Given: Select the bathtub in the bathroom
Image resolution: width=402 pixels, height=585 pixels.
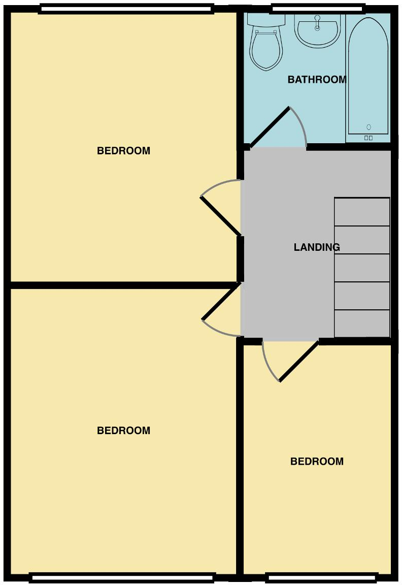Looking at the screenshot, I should click(368, 76).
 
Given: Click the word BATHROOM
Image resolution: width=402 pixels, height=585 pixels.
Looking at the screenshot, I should click(317, 80).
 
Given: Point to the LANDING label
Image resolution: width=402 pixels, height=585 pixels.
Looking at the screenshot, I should click(317, 247).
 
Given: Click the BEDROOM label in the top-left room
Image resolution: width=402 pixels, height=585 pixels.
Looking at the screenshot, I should click(123, 151).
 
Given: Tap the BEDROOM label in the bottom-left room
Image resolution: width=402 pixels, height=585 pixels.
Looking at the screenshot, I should click(123, 431).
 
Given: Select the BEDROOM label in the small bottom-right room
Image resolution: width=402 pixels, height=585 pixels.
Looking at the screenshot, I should click(317, 462).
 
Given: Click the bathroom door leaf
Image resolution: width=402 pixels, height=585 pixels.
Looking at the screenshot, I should click(270, 126).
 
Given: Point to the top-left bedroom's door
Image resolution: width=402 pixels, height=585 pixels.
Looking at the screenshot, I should click(221, 216).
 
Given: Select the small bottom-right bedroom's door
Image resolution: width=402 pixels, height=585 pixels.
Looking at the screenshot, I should click(299, 361).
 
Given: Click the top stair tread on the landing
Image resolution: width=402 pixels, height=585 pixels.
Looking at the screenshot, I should click(362, 212).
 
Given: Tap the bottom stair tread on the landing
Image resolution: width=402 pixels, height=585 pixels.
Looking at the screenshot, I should click(362, 323).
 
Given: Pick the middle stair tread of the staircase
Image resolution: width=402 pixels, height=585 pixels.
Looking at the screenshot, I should click(362, 268).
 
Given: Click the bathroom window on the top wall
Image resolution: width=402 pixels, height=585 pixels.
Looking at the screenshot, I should click(318, 8).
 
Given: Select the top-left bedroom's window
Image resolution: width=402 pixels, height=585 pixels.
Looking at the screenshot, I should click(126, 8).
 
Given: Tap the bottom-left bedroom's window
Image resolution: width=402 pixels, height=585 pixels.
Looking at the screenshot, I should click(122, 577).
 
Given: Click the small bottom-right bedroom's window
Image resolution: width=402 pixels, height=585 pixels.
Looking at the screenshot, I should click(322, 577).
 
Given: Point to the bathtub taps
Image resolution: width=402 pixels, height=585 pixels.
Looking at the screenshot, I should click(368, 138).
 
